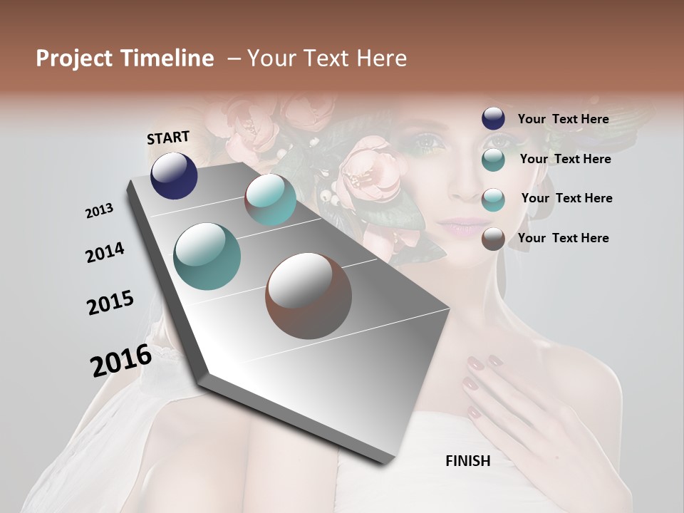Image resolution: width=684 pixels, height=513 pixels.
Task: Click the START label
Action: coord(168,138)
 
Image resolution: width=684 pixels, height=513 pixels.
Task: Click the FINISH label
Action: coord(467,461)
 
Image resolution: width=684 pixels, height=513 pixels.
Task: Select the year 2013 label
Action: coord(99,210)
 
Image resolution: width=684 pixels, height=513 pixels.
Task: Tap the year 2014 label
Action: coord(105,253)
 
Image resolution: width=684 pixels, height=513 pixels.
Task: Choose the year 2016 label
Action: coord(121,360)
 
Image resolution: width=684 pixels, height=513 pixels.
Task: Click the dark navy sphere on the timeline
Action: coord(174,175)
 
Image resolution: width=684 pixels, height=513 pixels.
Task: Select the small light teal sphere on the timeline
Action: coord(271,199)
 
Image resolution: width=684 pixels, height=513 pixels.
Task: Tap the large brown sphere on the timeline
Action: coord(309,296)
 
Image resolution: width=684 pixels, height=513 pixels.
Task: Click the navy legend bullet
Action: coord(493,119)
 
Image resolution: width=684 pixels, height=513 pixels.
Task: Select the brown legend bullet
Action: coord(493,239)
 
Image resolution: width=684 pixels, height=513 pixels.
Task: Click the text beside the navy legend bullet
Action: coord(563,119)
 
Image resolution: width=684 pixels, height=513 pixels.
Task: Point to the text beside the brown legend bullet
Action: coord(563,238)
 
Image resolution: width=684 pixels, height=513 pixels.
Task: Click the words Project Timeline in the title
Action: coord(125,58)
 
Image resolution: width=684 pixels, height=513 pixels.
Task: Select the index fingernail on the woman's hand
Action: coord(475,363)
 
